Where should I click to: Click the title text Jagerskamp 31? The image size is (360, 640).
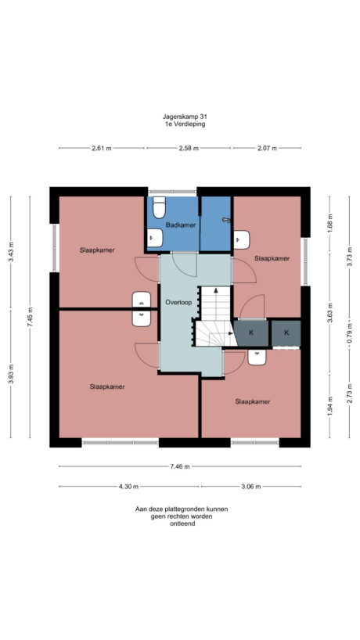point(179,117)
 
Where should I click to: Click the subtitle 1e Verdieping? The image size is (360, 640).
point(179,124)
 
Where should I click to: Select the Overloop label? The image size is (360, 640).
point(178,302)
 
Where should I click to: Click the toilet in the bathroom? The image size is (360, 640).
point(160,209)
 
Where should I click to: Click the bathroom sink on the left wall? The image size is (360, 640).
point(154,238)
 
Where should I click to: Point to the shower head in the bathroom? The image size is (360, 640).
point(226,220)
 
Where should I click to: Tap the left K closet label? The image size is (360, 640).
point(250,333)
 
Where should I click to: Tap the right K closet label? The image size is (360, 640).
point(286,333)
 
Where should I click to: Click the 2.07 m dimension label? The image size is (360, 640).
point(267,148)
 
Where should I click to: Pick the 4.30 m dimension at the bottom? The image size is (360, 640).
point(128,486)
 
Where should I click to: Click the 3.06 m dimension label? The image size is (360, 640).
point(250,486)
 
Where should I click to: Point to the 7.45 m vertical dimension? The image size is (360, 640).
point(30,318)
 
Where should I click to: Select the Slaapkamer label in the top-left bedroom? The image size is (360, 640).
point(97,250)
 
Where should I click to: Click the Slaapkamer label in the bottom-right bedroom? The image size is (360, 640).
point(253,401)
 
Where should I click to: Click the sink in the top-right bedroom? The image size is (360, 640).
point(242,238)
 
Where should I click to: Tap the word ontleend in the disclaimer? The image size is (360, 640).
point(181,523)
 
